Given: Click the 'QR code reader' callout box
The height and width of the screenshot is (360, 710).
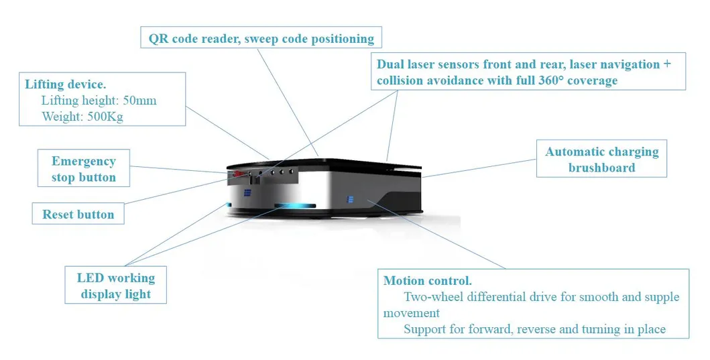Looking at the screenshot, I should click(261, 38).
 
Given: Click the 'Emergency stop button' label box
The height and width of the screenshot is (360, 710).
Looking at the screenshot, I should click(84, 169).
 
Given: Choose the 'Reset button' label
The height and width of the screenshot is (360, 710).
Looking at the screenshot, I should click(78, 215).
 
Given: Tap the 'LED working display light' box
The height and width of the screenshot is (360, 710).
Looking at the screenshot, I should click(116, 286).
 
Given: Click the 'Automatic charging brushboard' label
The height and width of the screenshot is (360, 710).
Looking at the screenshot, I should click(601, 160).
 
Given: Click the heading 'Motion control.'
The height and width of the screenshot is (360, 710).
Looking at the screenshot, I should click(428, 280).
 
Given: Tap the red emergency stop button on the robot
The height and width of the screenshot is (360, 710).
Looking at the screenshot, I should click(235, 176).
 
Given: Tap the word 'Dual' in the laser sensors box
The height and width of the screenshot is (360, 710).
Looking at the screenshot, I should click(391, 64).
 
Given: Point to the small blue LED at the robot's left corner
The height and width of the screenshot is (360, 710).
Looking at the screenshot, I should click(229, 204).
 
